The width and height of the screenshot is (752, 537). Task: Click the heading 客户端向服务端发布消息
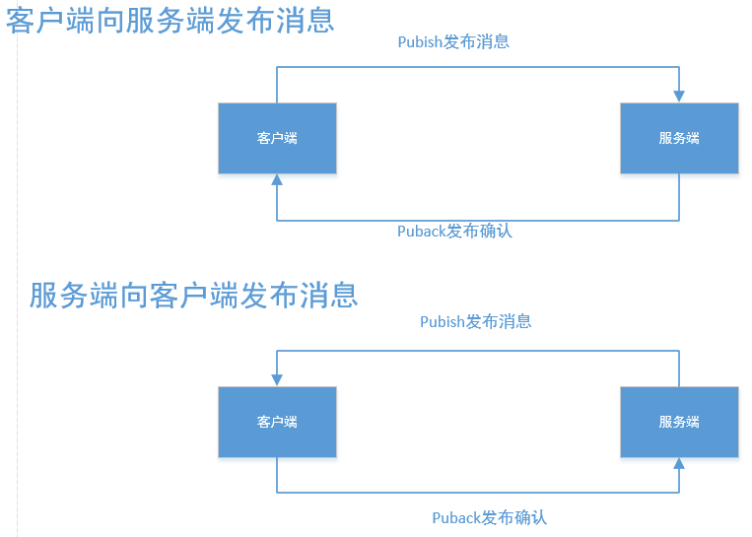(x=171, y=20)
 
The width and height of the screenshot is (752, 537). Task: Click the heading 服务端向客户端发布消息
(x=193, y=295)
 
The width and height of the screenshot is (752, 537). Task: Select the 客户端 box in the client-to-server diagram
(x=277, y=138)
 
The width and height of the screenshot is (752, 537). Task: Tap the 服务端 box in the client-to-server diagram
(x=679, y=138)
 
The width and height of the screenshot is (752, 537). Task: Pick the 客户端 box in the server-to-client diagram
(x=277, y=422)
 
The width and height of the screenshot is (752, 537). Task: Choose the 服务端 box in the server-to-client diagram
(x=679, y=422)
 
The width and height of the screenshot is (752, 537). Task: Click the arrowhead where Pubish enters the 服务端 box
(x=679, y=96)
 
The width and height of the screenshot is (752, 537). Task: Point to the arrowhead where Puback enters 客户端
(x=277, y=180)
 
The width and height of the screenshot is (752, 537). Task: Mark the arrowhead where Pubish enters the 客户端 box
(x=277, y=379)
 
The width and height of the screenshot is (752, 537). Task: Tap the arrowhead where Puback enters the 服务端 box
(x=679, y=464)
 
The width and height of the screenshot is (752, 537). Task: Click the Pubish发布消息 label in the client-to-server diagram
(x=453, y=41)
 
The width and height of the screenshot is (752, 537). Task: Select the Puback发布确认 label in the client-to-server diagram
(x=454, y=232)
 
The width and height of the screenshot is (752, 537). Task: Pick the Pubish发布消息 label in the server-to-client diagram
(x=476, y=321)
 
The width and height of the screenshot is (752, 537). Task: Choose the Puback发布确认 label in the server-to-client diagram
(x=489, y=517)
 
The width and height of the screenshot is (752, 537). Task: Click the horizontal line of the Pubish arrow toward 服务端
(x=478, y=67)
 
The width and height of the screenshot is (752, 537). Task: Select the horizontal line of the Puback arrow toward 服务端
(x=478, y=492)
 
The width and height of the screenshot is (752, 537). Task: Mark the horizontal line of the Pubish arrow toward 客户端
(x=478, y=351)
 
